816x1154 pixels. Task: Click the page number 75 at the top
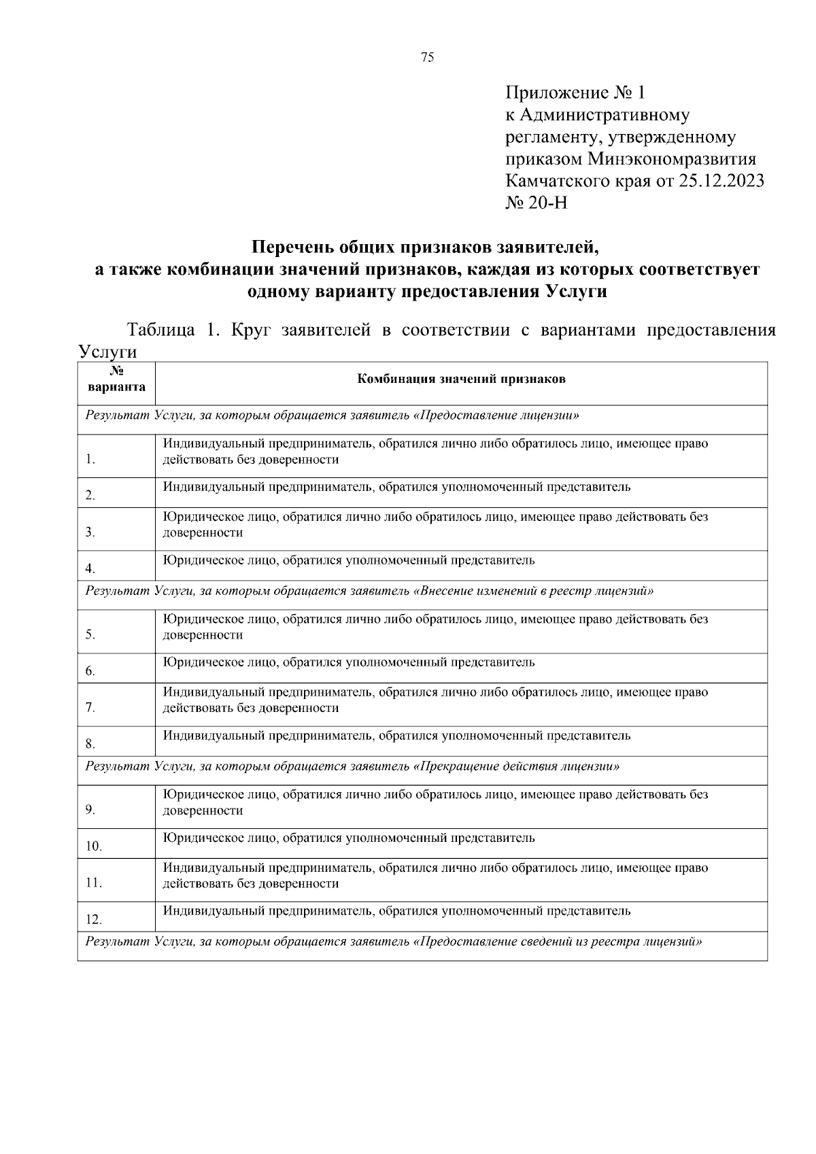pos(427,58)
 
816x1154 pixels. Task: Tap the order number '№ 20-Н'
pos(537,203)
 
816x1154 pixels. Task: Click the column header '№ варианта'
pos(116,381)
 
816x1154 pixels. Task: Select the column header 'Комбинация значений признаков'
pos(461,379)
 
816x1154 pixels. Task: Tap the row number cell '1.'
pos(90,460)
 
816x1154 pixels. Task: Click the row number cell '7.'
pos(90,708)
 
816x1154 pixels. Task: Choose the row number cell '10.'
pos(94,847)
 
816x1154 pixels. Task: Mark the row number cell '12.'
pos(94,920)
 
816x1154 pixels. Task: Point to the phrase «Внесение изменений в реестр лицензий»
pos(533,591)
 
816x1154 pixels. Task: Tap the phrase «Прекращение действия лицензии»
pos(516,766)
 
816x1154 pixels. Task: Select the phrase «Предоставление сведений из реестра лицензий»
pos(558,942)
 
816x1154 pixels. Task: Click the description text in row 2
pos(396,487)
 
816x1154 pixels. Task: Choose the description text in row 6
pos(349,662)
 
